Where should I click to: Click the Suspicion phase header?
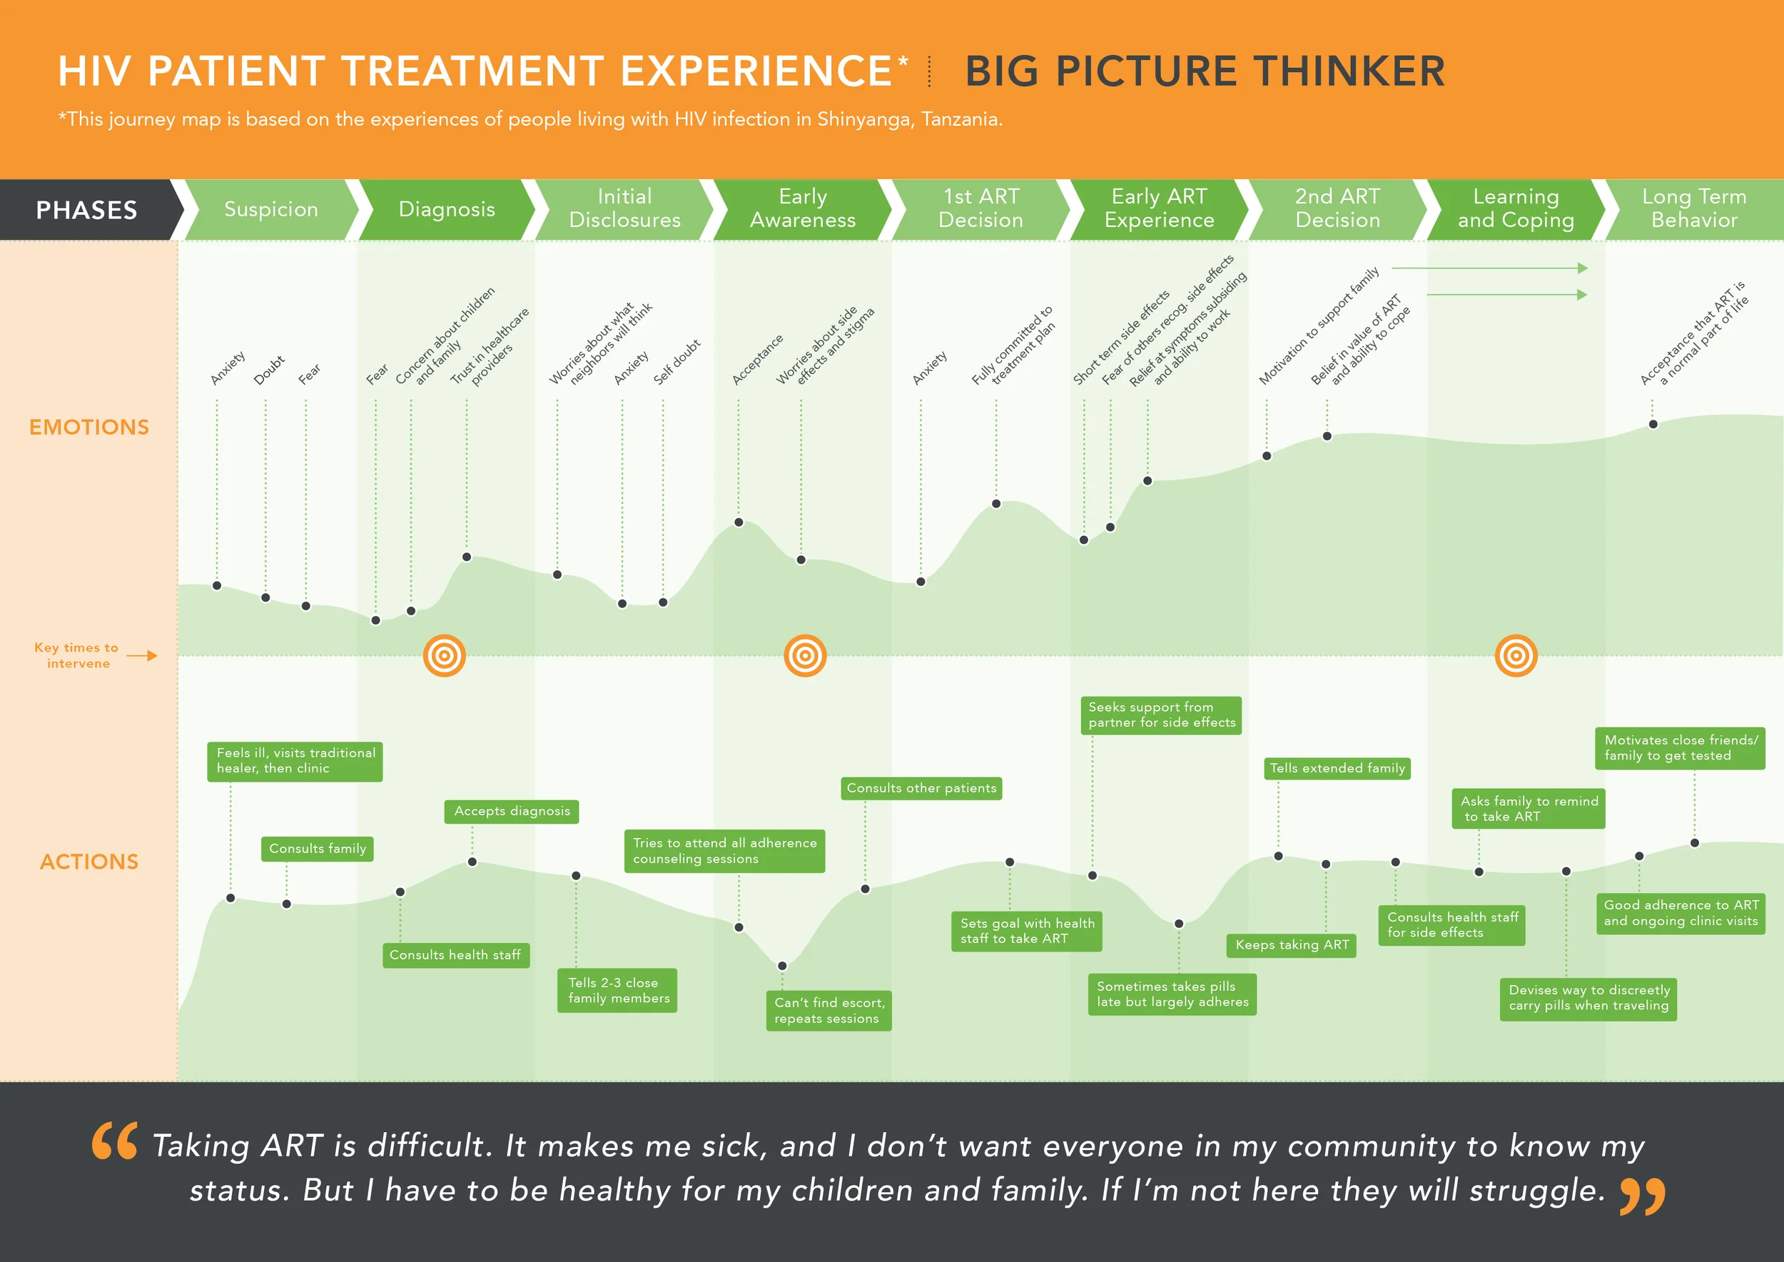(x=271, y=209)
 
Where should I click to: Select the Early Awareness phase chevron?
(x=803, y=209)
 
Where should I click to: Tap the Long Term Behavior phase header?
(x=1694, y=209)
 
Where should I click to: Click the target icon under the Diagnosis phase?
(x=445, y=656)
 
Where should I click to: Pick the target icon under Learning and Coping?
(x=1516, y=656)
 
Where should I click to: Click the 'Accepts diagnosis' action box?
(x=512, y=812)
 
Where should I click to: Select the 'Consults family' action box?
(x=317, y=849)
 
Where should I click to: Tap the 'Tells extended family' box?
(x=1337, y=769)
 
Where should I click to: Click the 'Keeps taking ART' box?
(x=1292, y=945)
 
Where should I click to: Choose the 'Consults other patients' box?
(x=921, y=788)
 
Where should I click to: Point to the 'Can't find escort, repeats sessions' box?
(x=829, y=1010)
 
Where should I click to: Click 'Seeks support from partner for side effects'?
(x=1161, y=715)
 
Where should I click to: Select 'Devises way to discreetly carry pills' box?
(x=1588, y=998)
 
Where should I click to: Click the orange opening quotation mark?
(x=115, y=1140)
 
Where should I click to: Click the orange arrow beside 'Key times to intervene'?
(x=142, y=656)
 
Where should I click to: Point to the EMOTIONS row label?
(x=88, y=428)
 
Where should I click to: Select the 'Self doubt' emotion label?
(x=676, y=362)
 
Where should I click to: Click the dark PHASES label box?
(x=86, y=210)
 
